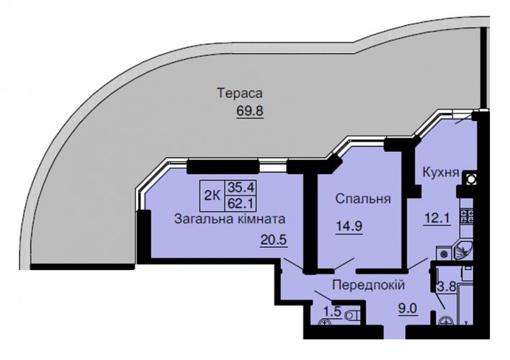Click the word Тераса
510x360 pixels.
click(x=240, y=94)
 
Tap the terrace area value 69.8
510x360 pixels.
click(x=250, y=111)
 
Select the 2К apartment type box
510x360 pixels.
click(x=212, y=195)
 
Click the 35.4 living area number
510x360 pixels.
click(x=241, y=188)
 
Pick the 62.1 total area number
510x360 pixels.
click(x=241, y=204)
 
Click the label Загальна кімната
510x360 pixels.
click(x=230, y=219)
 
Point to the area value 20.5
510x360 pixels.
click(x=273, y=240)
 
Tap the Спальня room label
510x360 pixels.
click(x=363, y=199)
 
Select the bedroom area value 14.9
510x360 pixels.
click(x=349, y=225)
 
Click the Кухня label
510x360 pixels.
click(x=441, y=172)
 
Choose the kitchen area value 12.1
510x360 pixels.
click(x=437, y=217)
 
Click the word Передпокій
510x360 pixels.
click(x=369, y=285)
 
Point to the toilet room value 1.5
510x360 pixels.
click(x=332, y=312)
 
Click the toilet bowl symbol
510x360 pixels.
click(x=352, y=315)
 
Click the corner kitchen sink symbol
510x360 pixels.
click(x=463, y=251)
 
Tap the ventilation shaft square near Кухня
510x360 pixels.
click(x=470, y=179)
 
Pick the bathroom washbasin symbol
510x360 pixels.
click(x=447, y=321)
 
